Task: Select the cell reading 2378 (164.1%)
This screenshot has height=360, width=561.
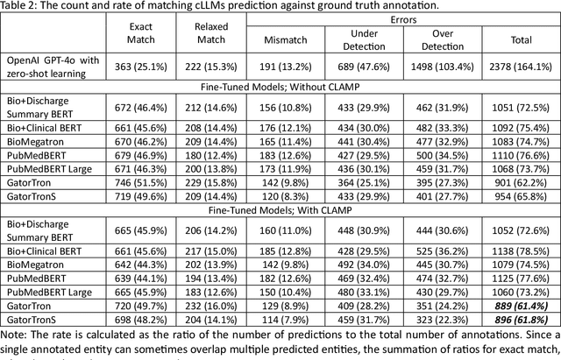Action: click(520, 64)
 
